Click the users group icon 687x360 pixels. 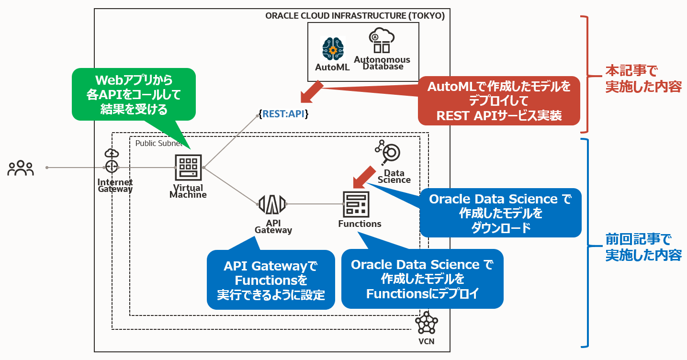(x=21, y=168)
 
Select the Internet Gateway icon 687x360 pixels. (x=112, y=161)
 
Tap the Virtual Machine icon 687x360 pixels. (x=189, y=168)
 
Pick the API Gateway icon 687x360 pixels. (x=272, y=204)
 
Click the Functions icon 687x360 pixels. (x=356, y=204)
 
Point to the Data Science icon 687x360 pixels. (x=388, y=152)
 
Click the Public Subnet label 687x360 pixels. (x=158, y=143)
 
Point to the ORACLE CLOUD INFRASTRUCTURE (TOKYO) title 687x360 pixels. (x=355, y=16)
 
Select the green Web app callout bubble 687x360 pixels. (x=134, y=94)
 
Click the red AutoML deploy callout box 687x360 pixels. (x=499, y=101)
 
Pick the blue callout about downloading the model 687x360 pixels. (x=500, y=213)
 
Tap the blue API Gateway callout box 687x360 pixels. (x=270, y=280)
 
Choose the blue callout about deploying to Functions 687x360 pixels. (x=422, y=279)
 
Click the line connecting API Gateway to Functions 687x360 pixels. (x=314, y=204)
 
